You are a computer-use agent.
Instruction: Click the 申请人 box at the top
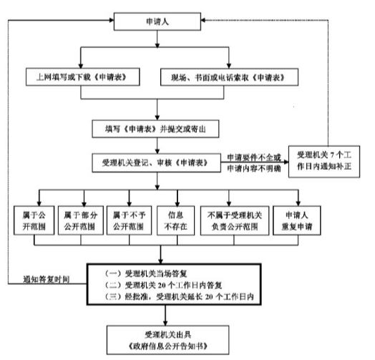pyautogui.click(x=157, y=21)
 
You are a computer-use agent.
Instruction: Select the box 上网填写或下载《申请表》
pyautogui.click(x=83, y=77)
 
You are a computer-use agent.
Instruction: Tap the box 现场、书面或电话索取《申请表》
pyautogui.click(x=229, y=77)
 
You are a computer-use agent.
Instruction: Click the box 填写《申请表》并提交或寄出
pyautogui.click(x=155, y=129)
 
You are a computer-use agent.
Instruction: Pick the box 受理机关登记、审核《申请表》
pyautogui.click(x=157, y=163)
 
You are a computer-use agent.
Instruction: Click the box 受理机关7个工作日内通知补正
pyautogui.click(x=324, y=162)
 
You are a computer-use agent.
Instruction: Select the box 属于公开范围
pyautogui.click(x=34, y=220)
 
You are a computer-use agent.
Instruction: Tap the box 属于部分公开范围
pyautogui.click(x=81, y=220)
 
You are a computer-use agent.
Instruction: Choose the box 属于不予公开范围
pyautogui.click(x=129, y=220)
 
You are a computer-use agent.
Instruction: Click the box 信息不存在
pyautogui.click(x=176, y=220)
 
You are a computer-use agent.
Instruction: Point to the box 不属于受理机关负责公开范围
pyautogui.click(x=235, y=220)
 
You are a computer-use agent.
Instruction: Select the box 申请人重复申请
pyautogui.click(x=297, y=220)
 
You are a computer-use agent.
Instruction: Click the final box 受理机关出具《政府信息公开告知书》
pyautogui.click(x=167, y=340)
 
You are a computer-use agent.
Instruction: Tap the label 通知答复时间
pyautogui.click(x=46, y=279)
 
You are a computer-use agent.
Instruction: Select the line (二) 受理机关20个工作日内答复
pyautogui.click(x=164, y=285)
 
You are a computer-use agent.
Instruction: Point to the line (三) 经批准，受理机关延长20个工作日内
pyautogui.click(x=180, y=296)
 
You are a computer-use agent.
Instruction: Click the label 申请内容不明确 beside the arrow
pyautogui.click(x=254, y=169)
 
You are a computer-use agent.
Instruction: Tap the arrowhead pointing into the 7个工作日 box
pyautogui.click(x=286, y=162)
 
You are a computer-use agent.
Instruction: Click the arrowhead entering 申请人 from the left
pyautogui.click(x=112, y=20)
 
